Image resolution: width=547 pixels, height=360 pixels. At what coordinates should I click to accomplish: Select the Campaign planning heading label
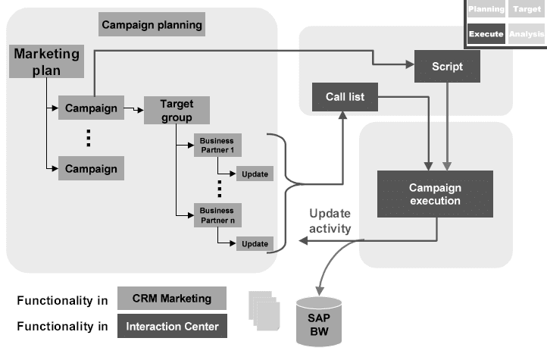point(152,25)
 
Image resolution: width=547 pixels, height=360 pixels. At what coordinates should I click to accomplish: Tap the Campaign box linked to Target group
point(91,108)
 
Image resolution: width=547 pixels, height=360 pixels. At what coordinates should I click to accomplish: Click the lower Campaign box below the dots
point(91,168)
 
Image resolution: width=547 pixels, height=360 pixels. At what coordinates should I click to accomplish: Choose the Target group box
point(175,111)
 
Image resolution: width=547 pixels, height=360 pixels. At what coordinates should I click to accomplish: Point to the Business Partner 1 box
point(216,144)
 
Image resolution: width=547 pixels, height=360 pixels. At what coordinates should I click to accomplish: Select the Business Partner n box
point(216,214)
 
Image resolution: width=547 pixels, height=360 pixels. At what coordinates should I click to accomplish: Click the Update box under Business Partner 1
point(255,174)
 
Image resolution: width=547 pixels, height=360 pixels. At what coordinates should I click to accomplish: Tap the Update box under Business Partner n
point(255,243)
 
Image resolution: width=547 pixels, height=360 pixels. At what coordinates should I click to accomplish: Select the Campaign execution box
point(435,195)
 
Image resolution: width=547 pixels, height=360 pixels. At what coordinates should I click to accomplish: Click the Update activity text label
point(330,221)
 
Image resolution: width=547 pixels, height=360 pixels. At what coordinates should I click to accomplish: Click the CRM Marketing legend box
point(173,299)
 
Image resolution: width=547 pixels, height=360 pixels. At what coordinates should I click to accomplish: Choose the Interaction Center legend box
point(173,327)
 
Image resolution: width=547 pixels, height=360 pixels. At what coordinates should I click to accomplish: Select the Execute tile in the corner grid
point(486,33)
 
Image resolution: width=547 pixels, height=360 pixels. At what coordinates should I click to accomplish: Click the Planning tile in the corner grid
point(486,10)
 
